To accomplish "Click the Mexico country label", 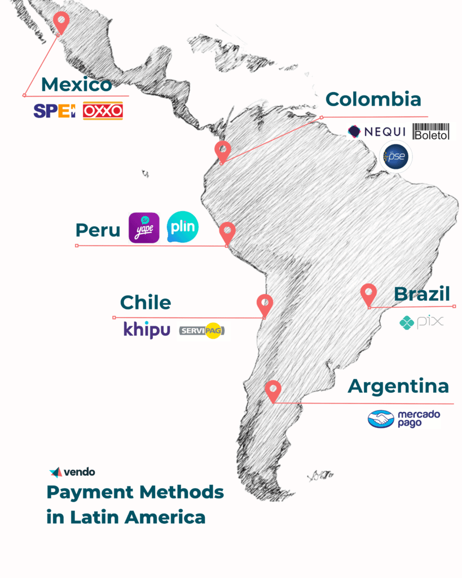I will (77, 85).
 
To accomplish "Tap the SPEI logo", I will (54, 111).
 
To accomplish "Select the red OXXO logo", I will (103, 111).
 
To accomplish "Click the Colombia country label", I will (373, 99).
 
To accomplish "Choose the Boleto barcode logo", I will (432, 132).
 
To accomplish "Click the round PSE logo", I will (396, 156).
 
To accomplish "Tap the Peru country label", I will (98, 230).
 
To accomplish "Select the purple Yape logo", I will (144, 227).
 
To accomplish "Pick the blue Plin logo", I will (183, 227).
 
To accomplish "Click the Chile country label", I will (146, 302).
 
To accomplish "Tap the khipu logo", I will (147, 330).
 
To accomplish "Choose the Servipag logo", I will (201, 331).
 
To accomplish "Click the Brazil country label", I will (422, 294).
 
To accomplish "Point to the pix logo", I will (421, 322).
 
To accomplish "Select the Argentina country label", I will (398, 387).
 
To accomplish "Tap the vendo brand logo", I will (72, 472).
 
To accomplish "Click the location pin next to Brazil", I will (368, 295).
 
